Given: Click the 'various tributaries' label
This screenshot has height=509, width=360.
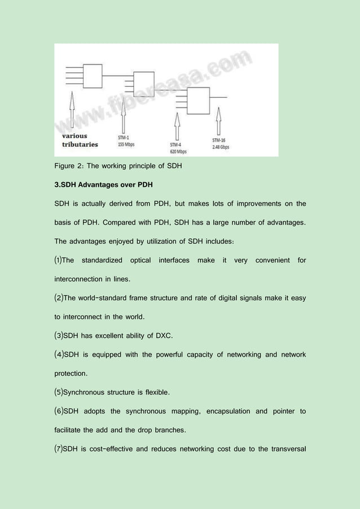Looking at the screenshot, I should pos(80,140).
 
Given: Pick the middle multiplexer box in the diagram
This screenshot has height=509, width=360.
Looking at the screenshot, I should pos(143,83).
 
